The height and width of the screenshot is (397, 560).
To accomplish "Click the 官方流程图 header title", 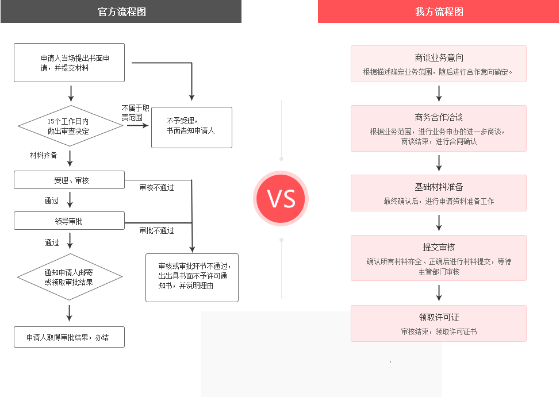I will coord(121,11).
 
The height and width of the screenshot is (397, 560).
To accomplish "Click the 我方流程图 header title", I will coord(439,11).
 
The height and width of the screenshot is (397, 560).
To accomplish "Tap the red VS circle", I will coord(281,198).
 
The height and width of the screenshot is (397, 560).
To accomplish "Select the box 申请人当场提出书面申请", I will coord(69,63).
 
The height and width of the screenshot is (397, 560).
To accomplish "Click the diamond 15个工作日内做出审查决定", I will coord(70,126).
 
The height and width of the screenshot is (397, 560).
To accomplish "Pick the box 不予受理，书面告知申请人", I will coord(191,128).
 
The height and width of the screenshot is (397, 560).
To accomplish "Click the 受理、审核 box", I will coord(69,180).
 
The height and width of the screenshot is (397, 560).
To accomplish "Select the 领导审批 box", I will coord(69,221).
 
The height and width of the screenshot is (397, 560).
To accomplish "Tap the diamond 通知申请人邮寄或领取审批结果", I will coord(70,277).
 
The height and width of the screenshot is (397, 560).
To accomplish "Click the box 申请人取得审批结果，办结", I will coord(69,337).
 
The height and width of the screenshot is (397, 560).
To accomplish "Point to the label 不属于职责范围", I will coord(135,112).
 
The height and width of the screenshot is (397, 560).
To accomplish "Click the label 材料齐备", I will coord(44,155).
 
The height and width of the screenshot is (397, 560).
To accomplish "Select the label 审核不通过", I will coord(156,187).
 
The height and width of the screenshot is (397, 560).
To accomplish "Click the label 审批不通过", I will coord(156,230).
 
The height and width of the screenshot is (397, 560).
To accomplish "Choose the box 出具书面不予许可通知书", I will coord(191,277).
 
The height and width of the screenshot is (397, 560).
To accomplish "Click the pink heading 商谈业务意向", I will coord(439,57).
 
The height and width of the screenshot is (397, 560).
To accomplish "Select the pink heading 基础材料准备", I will coord(439,187).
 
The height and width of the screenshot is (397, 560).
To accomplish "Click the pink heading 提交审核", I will coord(439,247).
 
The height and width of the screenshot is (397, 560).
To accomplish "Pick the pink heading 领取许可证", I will coord(439,317).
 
